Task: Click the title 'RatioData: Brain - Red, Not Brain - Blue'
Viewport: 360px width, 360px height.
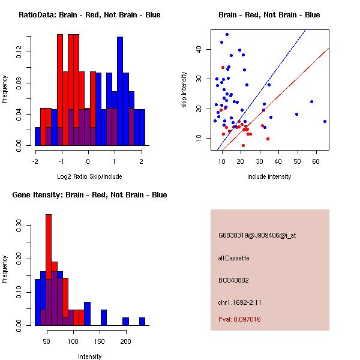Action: coord(89,15)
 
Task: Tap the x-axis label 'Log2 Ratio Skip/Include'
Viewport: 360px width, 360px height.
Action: coord(89,176)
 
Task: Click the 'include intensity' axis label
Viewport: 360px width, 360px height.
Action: coord(269,176)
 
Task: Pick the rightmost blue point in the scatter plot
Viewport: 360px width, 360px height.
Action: coord(325,121)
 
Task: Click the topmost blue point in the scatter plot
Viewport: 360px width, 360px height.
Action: coord(227,35)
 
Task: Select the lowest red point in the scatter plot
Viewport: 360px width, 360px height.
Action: coord(243,145)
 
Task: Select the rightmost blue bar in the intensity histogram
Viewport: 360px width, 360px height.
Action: coord(142,321)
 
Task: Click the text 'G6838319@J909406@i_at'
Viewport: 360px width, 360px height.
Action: coord(257,235)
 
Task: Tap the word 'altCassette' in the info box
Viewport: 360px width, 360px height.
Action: coord(233,258)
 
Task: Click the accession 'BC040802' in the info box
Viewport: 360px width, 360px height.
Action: coord(233,280)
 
